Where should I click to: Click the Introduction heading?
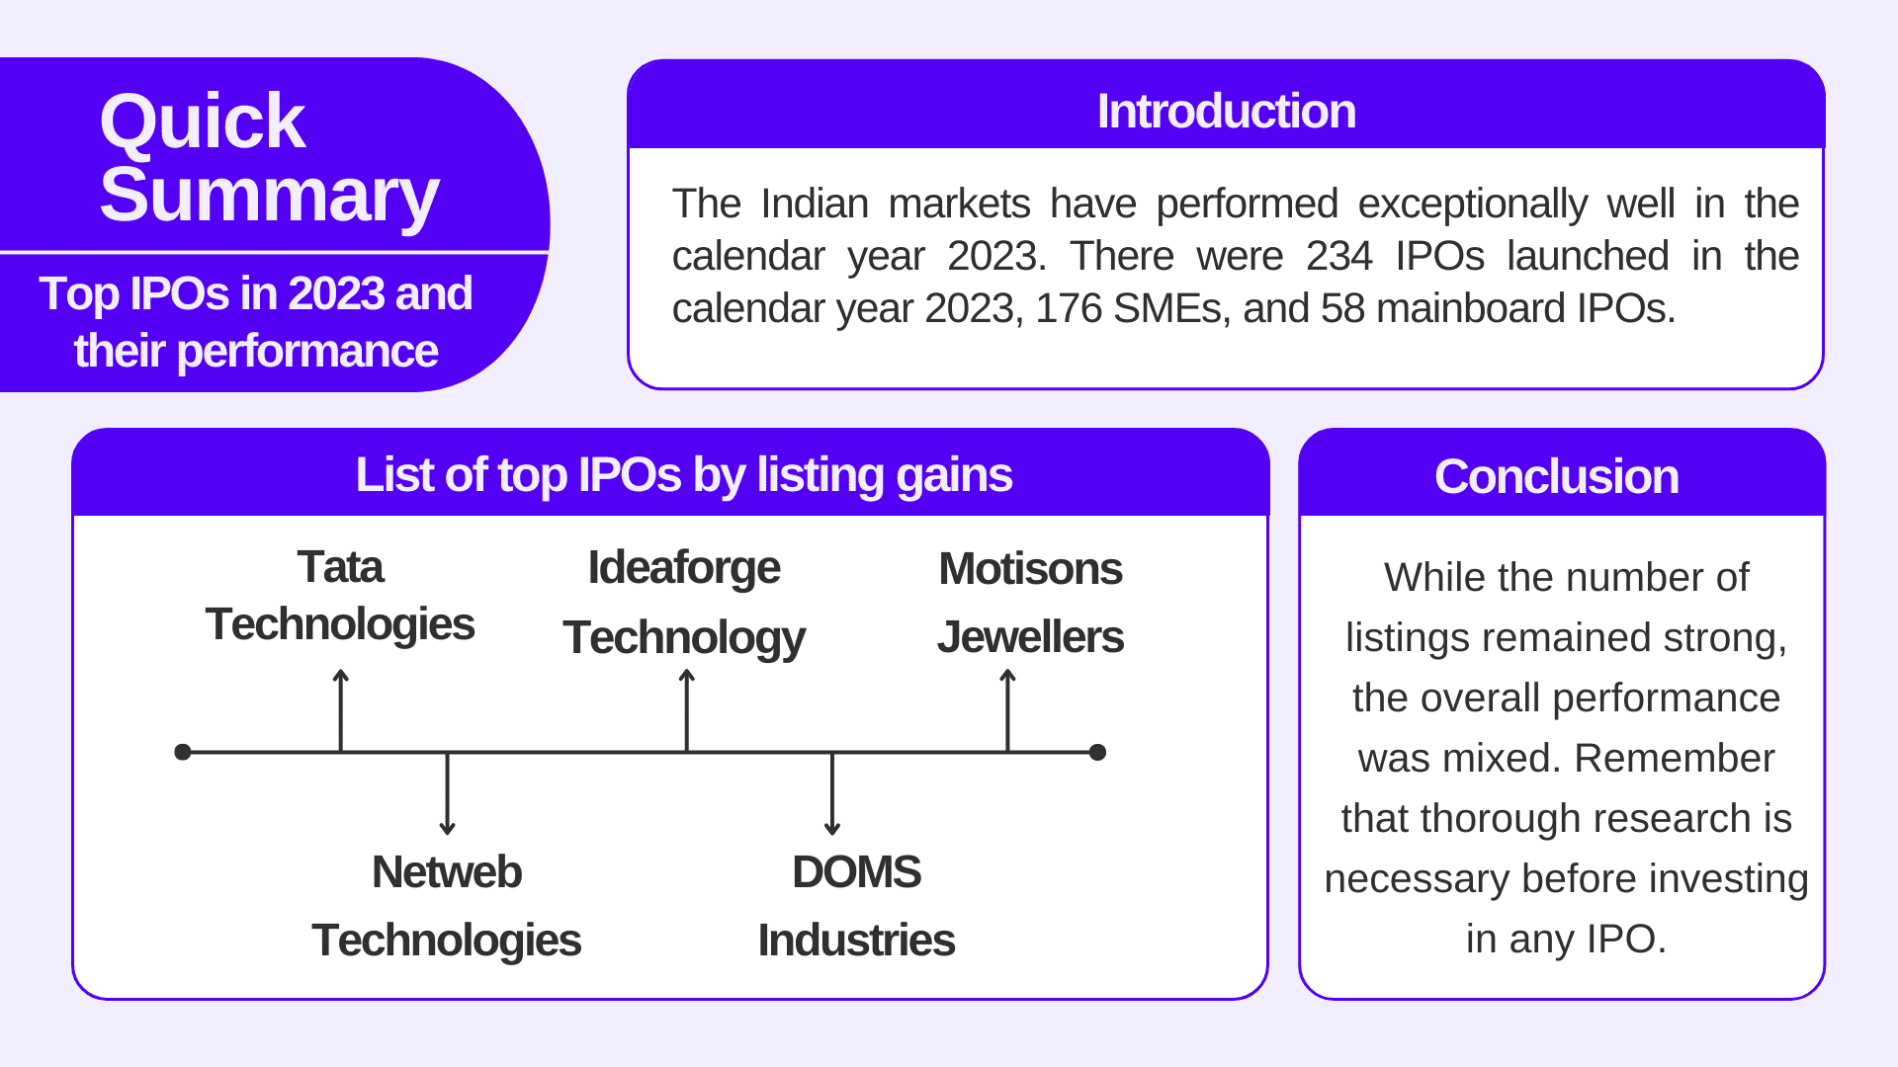coord(1226,111)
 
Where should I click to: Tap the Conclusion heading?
coord(1556,476)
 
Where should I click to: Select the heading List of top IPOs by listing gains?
coord(683,474)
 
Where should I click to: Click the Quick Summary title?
coord(269,158)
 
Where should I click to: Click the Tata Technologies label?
coord(340,596)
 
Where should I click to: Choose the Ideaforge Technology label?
coord(684,602)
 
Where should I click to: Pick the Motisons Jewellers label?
coord(1030,602)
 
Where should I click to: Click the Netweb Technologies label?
coord(447,905)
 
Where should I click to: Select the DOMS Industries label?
coord(856,905)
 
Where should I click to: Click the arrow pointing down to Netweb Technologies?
coord(448,794)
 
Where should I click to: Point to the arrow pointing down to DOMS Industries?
coord(832,794)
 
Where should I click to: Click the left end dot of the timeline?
coord(183,752)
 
